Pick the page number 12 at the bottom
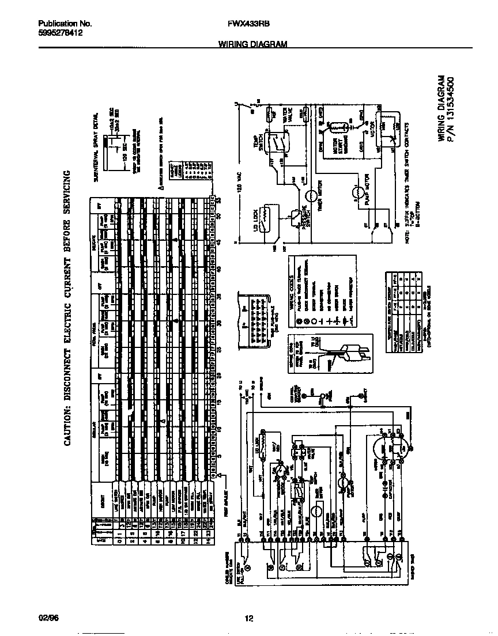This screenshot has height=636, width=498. point(248,619)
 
